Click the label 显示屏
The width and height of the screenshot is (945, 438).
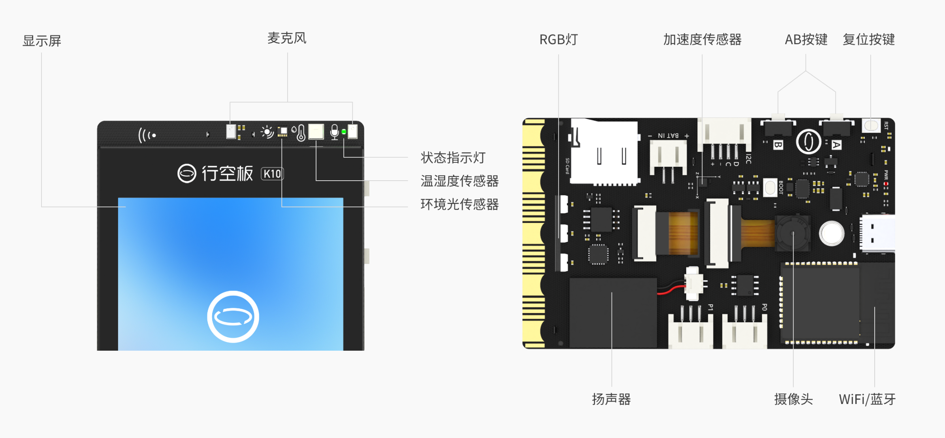[42, 41]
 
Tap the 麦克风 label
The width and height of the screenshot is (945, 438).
[287, 38]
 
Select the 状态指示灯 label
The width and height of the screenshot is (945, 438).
[453, 158]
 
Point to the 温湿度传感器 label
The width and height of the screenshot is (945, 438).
[459, 181]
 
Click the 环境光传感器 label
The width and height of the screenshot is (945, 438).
[459, 204]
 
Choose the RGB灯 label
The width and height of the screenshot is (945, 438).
[559, 40]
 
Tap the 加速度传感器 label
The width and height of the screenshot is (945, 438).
[702, 40]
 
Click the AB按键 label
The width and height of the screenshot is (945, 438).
[806, 40]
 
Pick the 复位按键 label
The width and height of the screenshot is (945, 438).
[869, 40]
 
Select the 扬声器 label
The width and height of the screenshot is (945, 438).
[611, 399]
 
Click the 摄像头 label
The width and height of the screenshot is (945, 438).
[793, 399]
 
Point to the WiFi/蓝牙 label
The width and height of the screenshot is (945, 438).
[867, 399]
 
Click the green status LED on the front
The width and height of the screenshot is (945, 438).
[344, 132]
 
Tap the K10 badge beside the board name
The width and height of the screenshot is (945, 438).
[272, 174]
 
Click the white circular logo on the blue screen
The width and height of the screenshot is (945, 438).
[233, 317]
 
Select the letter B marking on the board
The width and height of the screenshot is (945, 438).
[777, 145]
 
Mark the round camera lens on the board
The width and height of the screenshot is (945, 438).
[793, 234]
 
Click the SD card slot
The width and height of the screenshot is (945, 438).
[604, 152]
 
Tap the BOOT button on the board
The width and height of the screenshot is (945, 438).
[770, 187]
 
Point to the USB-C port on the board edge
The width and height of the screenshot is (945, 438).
[877, 233]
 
